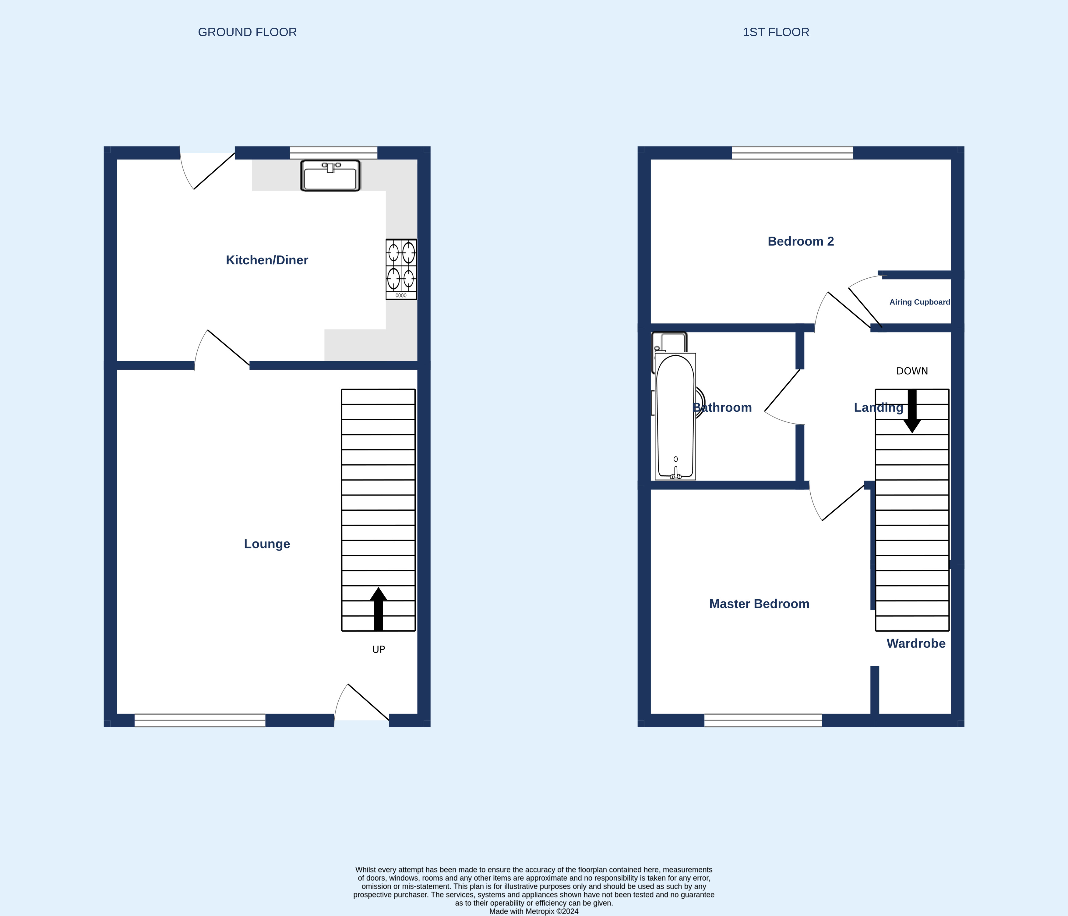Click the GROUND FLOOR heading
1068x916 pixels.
(x=247, y=32)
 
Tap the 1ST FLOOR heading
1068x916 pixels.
(x=776, y=32)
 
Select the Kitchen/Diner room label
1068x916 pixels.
(x=267, y=260)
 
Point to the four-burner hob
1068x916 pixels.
(x=401, y=269)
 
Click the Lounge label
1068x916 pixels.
(x=267, y=544)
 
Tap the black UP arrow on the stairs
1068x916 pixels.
(x=378, y=609)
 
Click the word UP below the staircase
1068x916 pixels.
(x=379, y=650)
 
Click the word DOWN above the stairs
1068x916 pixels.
(x=912, y=371)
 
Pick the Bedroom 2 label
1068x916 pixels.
(x=801, y=241)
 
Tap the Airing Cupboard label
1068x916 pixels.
(x=920, y=302)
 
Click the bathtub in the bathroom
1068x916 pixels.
(x=675, y=417)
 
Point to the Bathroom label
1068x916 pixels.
(x=722, y=407)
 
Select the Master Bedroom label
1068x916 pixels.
(x=759, y=604)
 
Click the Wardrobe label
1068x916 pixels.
(x=916, y=643)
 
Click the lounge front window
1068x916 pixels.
(x=200, y=720)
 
